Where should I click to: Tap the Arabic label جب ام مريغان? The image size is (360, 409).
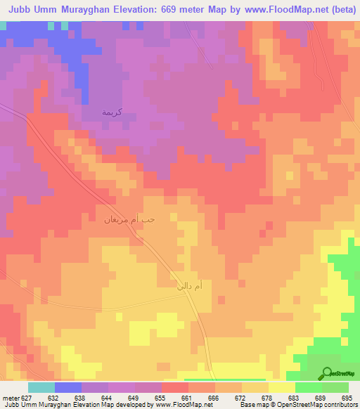[129, 220]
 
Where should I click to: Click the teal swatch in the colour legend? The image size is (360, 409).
[41, 387]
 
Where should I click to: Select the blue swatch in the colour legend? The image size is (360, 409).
[68, 387]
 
